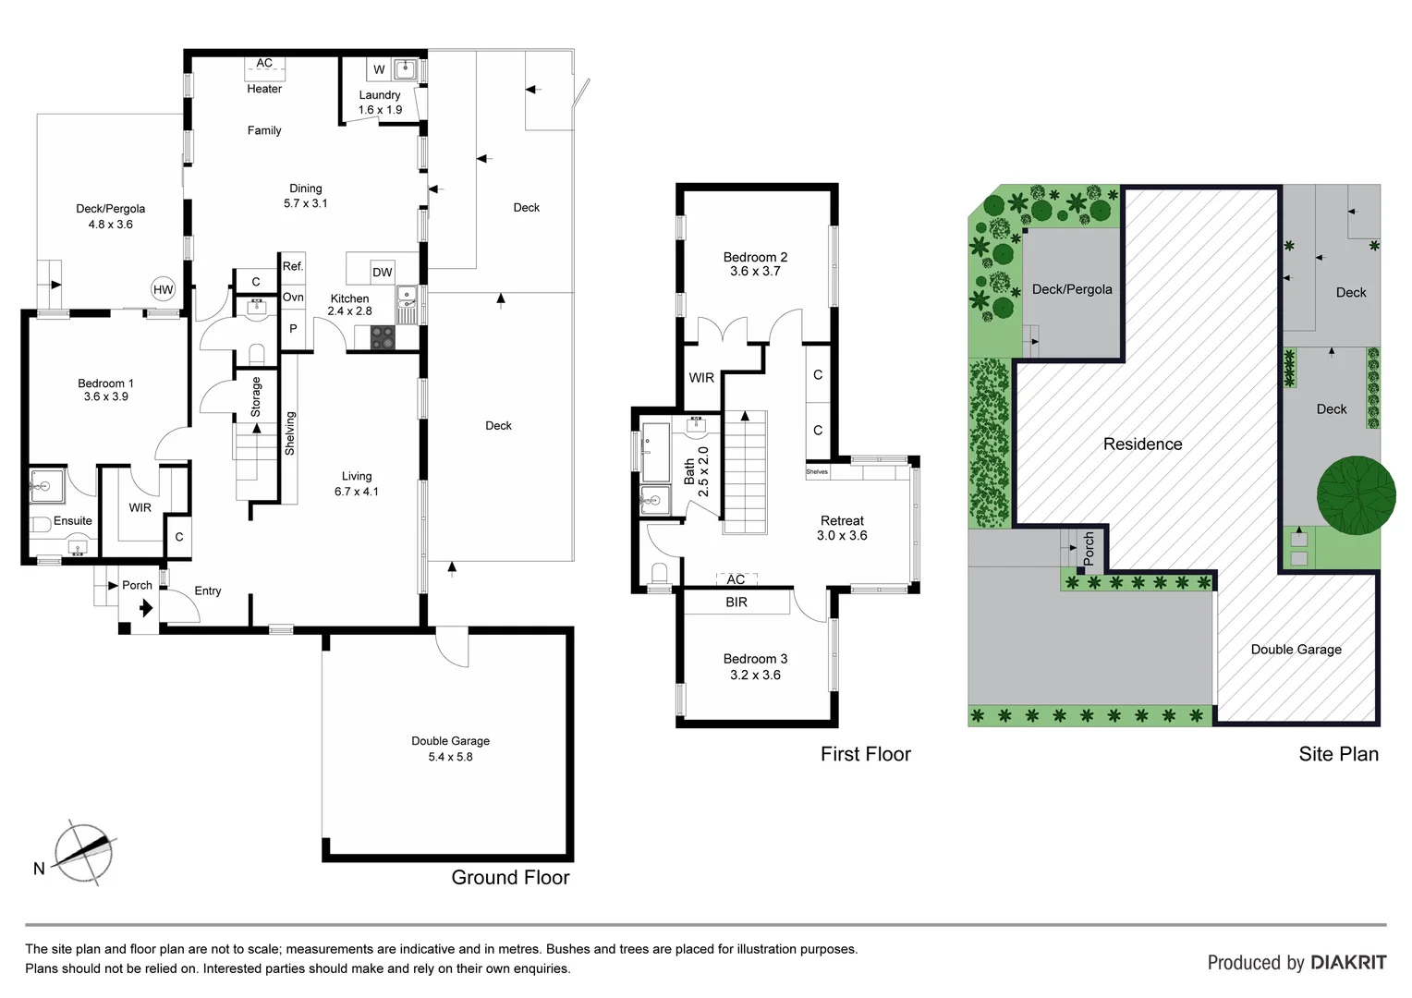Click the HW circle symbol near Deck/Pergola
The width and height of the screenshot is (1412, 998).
(163, 289)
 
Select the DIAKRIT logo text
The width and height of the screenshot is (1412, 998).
(1348, 962)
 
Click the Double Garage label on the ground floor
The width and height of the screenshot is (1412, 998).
(450, 741)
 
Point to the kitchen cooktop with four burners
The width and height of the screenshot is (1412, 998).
(383, 339)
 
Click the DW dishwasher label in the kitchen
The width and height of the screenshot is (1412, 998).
(382, 272)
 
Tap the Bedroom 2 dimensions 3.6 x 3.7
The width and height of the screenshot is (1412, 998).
(755, 272)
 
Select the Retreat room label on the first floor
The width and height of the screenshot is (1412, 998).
(842, 521)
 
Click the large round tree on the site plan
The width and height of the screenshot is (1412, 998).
(1356, 494)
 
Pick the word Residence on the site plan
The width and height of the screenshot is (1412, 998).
(1142, 444)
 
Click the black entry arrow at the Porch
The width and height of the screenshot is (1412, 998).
(145, 608)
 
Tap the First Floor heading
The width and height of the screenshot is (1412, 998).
(865, 754)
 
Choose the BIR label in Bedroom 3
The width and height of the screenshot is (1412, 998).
(736, 602)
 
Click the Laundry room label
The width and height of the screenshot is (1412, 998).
(380, 95)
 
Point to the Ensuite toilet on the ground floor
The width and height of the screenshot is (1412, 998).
(42, 524)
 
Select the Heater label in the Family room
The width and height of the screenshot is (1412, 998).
(264, 89)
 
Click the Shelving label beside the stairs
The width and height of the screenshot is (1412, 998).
(289, 433)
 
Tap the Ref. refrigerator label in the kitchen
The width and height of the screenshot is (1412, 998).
(293, 266)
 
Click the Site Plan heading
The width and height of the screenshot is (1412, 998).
(1338, 754)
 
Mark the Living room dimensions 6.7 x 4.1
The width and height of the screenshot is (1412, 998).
(357, 492)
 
